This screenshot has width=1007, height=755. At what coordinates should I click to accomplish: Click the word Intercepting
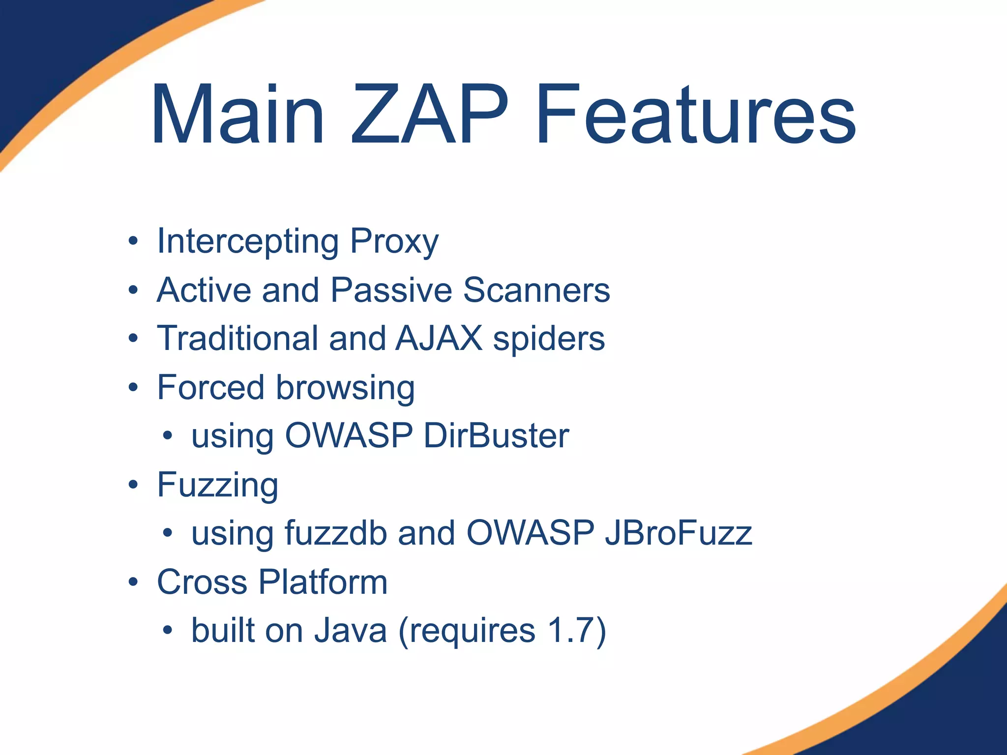(x=247, y=242)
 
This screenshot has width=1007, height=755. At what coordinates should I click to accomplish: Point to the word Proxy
(x=394, y=242)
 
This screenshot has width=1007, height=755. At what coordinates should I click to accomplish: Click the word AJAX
(x=439, y=339)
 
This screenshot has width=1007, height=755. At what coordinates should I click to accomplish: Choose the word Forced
(x=211, y=387)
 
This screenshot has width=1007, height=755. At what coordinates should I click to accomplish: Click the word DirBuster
(x=496, y=436)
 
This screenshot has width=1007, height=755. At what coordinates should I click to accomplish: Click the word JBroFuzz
(x=679, y=533)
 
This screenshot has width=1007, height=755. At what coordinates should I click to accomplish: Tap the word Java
(x=351, y=631)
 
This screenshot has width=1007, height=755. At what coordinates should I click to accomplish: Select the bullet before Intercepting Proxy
(x=133, y=241)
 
